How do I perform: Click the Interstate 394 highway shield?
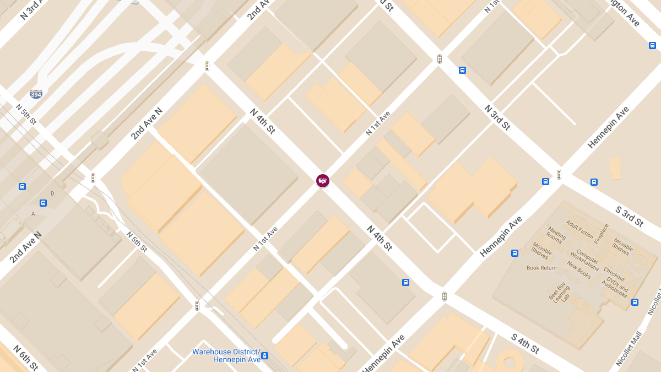(x=36, y=94)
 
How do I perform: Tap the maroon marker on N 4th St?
(x=323, y=180)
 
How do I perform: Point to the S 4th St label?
(x=524, y=343)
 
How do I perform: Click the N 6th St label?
(x=25, y=358)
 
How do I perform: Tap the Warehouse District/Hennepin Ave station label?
(x=226, y=355)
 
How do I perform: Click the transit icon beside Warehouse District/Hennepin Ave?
(x=265, y=355)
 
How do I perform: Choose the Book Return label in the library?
(x=541, y=268)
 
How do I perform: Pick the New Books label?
(x=579, y=269)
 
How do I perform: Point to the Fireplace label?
(x=602, y=234)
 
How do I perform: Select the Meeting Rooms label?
(x=556, y=235)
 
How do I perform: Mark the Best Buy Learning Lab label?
(x=561, y=292)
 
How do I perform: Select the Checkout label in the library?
(x=614, y=273)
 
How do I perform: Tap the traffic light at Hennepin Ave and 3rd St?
(x=559, y=175)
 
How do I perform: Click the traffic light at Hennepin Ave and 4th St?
(x=445, y=296)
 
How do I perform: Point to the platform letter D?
(x=52, y=193)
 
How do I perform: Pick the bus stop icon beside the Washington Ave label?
(x=652, y=45)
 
